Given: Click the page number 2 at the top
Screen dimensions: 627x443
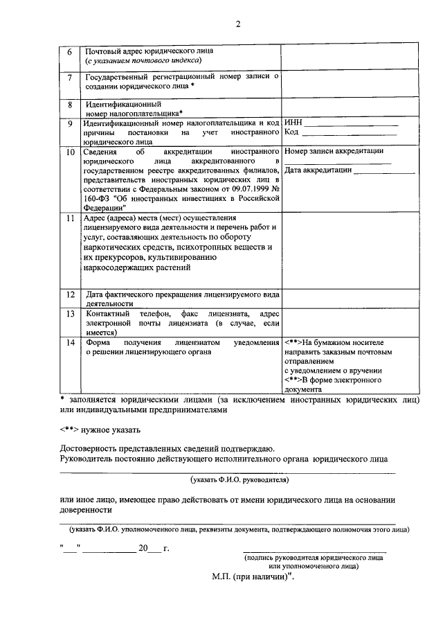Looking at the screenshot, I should tap(237, 25).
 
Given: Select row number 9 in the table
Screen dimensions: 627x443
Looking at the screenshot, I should tap(69, 124).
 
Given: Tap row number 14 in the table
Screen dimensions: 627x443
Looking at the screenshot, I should tap(69, 343).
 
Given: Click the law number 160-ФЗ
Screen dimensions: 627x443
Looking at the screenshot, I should tap(96, 197).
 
